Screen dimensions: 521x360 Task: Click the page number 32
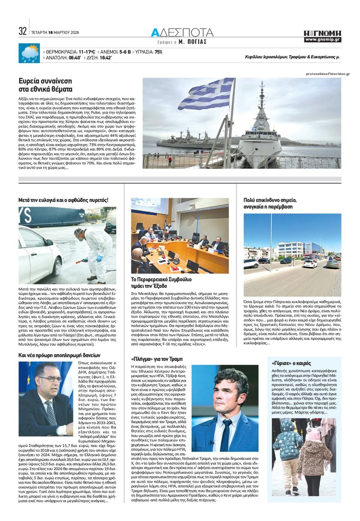pyautogui.click(x=22, y=31)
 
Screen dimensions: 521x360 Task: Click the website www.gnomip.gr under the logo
pyautogui.click(x=322, y=40)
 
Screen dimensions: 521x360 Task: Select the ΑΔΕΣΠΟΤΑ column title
pyautogui.click(x=182, y=32)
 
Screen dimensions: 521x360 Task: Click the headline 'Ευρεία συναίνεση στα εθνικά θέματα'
pyautogui.click(x=45, y=85)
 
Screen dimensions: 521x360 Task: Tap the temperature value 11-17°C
pyautogui.click(x=87, y=52)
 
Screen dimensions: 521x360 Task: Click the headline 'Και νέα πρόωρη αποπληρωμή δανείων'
pyautogui.click(x=59, y=355)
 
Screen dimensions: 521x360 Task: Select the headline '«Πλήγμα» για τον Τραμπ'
pyautogui.click(x=157, y=359)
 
